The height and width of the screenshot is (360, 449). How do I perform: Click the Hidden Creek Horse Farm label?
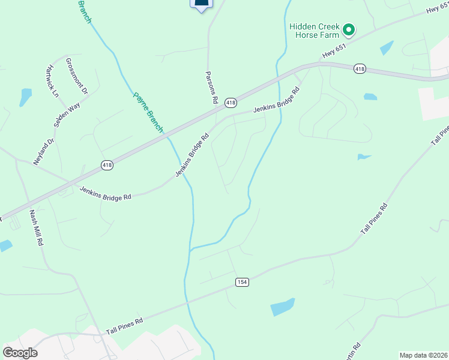314,31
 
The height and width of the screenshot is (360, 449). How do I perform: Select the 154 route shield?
242,282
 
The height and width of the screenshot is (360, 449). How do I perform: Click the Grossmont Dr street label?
77,76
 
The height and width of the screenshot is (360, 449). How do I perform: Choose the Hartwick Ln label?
52,82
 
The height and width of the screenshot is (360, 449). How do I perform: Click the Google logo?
20,352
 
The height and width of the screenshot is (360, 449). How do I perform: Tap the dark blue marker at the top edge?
202,5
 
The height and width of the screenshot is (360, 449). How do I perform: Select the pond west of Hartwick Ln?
25,97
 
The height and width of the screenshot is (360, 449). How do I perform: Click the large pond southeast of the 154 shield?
283,307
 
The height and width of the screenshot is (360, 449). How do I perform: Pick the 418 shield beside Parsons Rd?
231,103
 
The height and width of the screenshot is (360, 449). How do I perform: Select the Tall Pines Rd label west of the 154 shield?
125,326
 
